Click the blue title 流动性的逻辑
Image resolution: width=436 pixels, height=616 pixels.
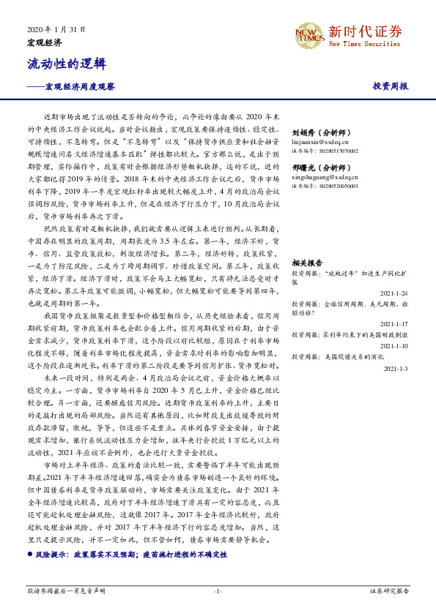pos(59,64)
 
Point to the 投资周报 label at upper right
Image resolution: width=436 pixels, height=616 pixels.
pos(390,86)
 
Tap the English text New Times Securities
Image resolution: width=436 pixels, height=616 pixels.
pos(364,45)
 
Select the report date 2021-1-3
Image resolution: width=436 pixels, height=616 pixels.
pos(396,368)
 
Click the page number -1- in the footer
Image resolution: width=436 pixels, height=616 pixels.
pos(218,590)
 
